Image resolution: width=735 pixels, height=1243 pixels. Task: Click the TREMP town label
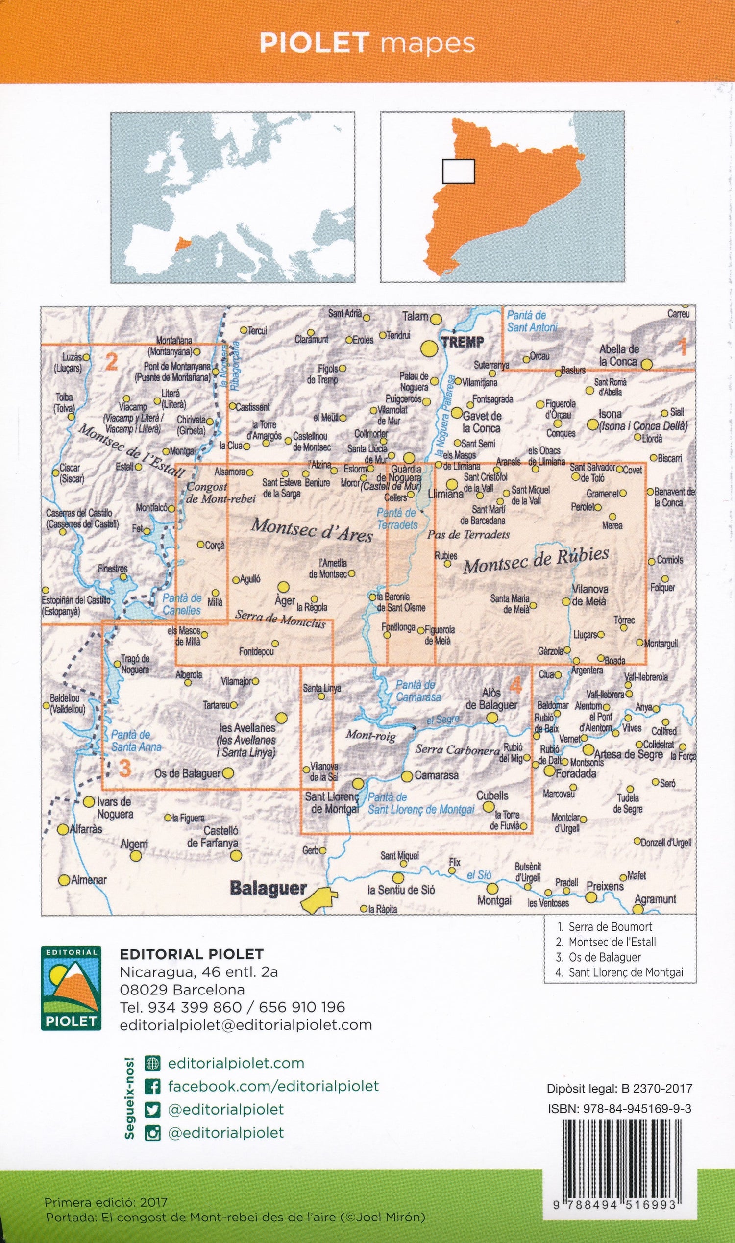(x=462, y=341)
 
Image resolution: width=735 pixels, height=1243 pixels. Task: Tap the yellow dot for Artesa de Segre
(x=588, y=748)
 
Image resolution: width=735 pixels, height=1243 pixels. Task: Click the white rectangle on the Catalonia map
(x=458, y=172)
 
